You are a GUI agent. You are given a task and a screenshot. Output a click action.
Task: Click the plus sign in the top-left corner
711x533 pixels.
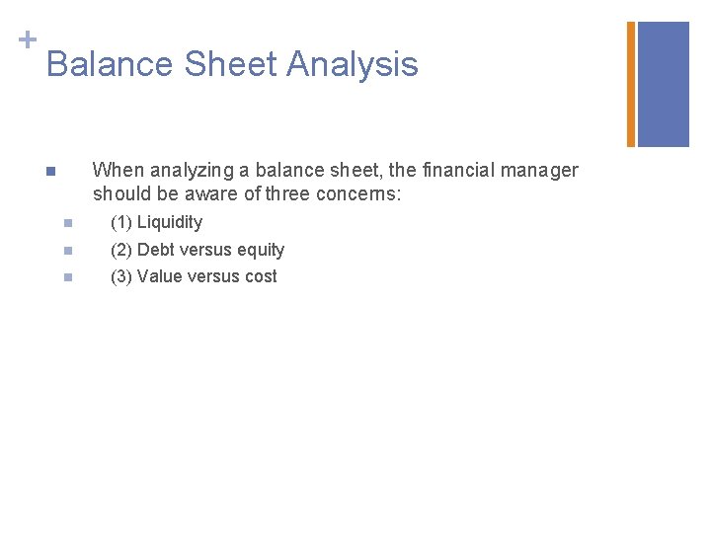pyautogui.click(x=27, y=39)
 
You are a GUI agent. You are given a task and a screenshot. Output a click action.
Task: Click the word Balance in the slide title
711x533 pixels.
pyautogui.click(x=107, y=65)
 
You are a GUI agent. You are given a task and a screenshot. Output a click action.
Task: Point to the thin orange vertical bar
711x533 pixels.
pyautogui.click(x=631, y=84)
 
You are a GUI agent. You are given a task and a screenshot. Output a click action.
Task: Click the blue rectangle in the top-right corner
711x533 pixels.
pyautogui.click(x=664, y=84)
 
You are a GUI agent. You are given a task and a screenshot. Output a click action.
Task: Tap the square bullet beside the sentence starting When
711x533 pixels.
pyautogui.click(x=50, y=172)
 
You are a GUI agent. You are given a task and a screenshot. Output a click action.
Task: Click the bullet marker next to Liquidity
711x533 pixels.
pyautogui.click(x=67, y=223)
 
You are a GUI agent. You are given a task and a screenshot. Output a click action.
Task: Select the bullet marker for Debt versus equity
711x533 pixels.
pyautogui.click(x=67, y=251)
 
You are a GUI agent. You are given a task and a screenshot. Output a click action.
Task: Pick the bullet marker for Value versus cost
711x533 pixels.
pyautogui.click(x=67, y=277)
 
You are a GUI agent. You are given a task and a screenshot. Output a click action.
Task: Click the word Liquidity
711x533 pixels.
pyautogui.click(x=170, y=223)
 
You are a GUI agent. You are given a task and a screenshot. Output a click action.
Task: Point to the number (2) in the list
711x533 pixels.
pyautogui.click(x=121, y=250)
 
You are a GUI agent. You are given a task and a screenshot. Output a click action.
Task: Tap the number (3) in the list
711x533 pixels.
pyautogui.click(x=121, y=276)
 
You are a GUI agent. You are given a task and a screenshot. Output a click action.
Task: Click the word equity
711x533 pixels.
pyautogui.click(x=261, y=251)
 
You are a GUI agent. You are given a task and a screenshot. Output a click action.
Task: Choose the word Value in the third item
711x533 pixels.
pyautogui.click(x=159, y=276)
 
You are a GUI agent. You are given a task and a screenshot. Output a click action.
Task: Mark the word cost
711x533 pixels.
pyautogui.click(x=261, y=276)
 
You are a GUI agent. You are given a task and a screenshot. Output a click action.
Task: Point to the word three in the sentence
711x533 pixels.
pyautogui.click(x=287, y=193)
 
